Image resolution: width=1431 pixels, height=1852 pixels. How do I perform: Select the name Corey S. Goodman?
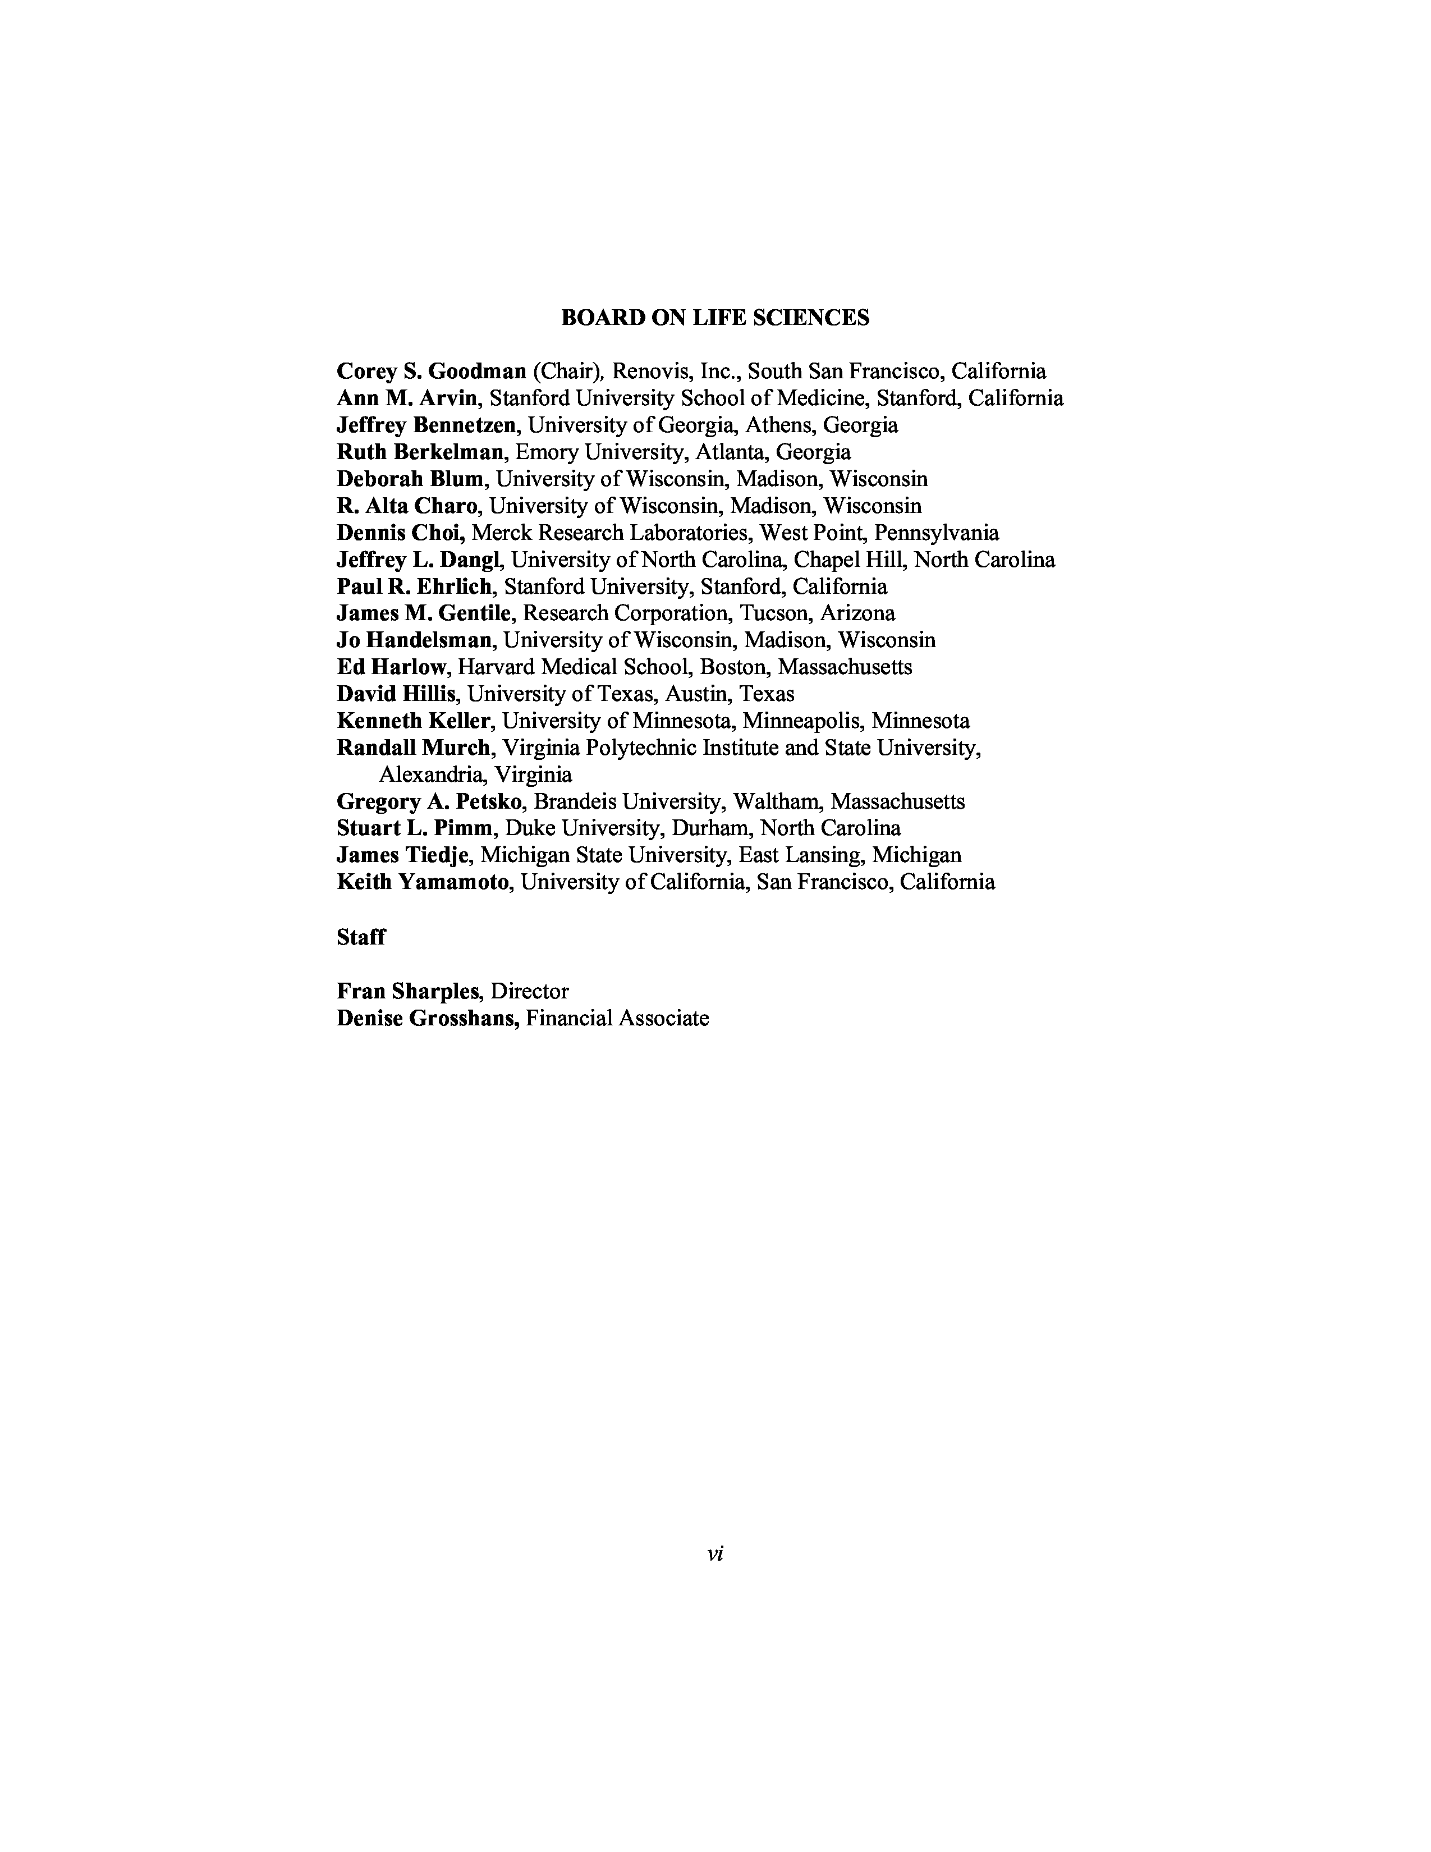coord(432,372)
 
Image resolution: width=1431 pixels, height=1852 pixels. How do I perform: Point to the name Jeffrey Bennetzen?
coord(425,425)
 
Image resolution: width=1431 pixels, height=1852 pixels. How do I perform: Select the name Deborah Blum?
coord(410,479)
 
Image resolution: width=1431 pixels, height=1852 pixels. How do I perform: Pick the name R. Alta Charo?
coord(406,506)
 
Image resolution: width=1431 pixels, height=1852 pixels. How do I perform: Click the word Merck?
coord(500,533)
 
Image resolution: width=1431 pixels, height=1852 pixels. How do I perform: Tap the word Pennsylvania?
coord(936,533)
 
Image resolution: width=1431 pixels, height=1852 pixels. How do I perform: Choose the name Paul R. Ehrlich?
coord(413,587)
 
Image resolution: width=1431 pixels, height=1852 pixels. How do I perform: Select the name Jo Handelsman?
coord(414,640)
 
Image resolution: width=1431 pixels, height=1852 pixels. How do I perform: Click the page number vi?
coord(714,1553)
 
